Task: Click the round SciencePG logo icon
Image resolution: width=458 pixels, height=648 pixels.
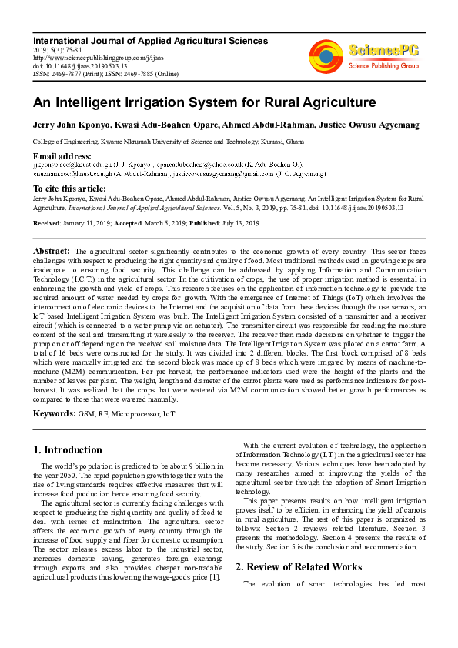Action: click(x=326, y=56)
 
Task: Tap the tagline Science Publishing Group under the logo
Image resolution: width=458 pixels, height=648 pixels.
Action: click(x=382, y=67)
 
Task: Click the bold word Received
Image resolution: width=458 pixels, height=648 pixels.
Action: click(x=48, y=223)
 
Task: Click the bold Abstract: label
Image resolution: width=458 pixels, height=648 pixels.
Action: click(x=52, y=252)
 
